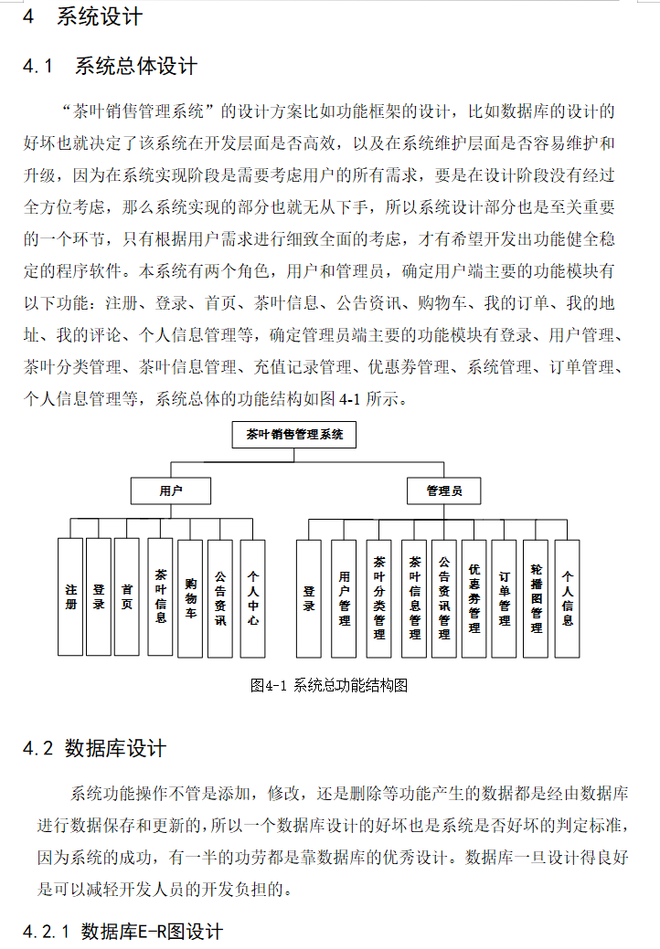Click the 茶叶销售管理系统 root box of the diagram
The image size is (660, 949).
point(293,435)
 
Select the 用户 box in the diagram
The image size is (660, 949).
point(170,490)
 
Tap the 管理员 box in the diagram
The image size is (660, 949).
point(443,490)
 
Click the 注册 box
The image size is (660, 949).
point(70,597)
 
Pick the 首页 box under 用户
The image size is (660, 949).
point(126,597)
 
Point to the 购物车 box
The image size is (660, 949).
point(190,597)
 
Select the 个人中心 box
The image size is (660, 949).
point(253,597)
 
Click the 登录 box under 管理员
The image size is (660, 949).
point(309,598)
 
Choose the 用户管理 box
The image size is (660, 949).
point(344,598)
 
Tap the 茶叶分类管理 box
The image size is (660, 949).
point(378,598)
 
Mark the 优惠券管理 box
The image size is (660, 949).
point(474,598)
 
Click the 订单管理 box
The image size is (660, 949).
point(504,598)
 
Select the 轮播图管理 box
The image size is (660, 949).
point(536,598)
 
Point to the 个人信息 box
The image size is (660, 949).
point(568,598)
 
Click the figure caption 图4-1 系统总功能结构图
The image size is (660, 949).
point(328,685)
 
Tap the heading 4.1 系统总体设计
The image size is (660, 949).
point(110,67)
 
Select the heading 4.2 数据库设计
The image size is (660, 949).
point(94,749)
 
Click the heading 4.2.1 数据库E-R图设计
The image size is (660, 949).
point(122,932)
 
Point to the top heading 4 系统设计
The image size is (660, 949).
point(81,16)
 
